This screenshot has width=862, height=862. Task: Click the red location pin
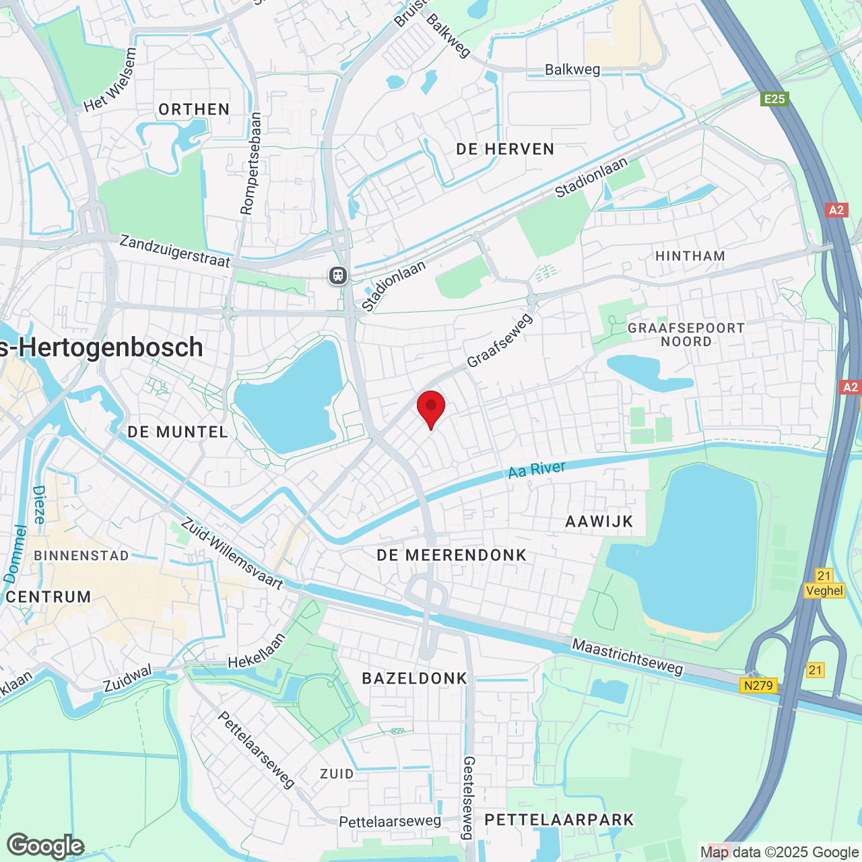click(x=431, y=407)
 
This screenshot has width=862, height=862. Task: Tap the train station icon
click(x=338, y=275)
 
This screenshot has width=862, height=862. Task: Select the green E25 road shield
click(x=774, y=99)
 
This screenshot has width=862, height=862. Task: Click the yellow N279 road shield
click(x=759, y=686)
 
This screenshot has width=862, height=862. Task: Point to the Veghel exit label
click(x=824, y=591)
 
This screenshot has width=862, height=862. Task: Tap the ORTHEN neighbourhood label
click(x=194, y=109)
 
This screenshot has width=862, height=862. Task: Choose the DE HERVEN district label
click(x=505, y=149)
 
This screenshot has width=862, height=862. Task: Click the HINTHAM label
click(x=690, y=256)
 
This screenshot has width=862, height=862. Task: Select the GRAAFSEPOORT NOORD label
click(x=686, y=335)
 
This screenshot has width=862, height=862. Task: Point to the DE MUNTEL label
click(x=178, y=432)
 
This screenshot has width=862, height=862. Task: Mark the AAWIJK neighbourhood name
click(x=599, y=521)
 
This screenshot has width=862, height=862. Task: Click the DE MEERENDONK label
click(x=451, y=555)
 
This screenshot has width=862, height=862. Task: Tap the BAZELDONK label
click(x=415, y=678)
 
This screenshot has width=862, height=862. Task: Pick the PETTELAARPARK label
click(x=560, y=820)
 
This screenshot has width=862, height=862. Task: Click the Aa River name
click(x=537, y=469)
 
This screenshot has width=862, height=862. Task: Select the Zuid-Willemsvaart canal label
click(x=232, y=554)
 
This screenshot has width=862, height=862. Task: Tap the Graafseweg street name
click(x=499, y=341)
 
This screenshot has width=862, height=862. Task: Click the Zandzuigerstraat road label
click(x=175, y=251)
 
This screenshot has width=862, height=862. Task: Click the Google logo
click(x=46, y=846)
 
